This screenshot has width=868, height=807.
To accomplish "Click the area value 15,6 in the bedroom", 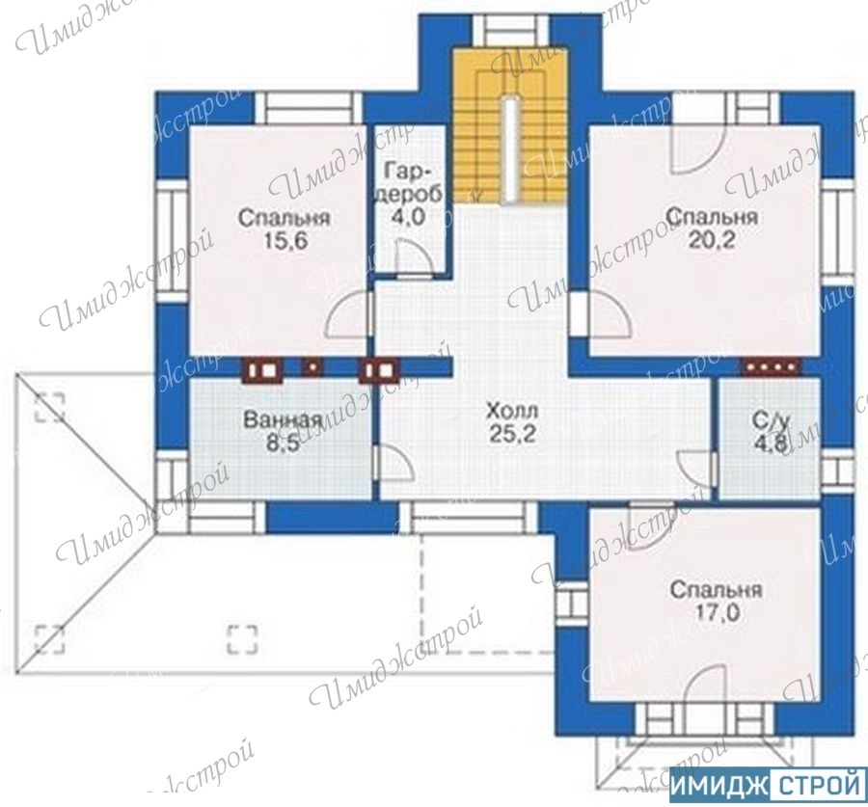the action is click(285, 241).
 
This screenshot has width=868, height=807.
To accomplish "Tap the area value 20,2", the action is click(712, 240).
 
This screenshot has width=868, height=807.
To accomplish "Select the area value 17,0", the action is click(717, 613).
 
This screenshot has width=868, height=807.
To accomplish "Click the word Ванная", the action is click(283, 420).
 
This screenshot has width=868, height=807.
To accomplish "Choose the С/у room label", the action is click(771, 421).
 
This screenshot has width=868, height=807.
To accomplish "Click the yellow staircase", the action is click(511, 126).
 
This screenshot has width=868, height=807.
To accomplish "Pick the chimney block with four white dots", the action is click(771, 366).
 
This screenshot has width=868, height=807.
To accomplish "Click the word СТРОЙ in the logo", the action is click(818, 784).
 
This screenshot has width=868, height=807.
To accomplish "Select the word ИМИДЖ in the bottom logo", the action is click(720, 784).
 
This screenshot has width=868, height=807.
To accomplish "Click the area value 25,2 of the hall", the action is click(512, 435).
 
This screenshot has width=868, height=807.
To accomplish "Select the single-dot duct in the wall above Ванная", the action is click(313, 366).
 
